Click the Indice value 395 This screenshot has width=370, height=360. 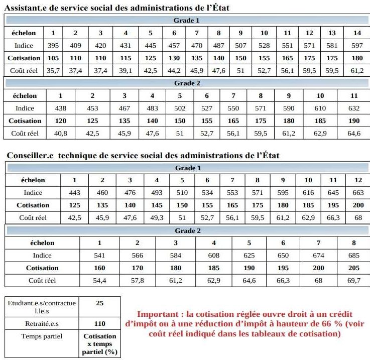click(53, 46)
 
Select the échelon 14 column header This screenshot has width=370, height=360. click(357, 33)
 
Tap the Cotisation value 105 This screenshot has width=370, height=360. click(53, 58)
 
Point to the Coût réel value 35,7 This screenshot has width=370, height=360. click(53, 71)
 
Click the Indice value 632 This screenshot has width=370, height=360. click(354, 108)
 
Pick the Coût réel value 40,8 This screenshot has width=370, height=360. click(61, 133)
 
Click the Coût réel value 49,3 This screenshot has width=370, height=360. click(157, 217)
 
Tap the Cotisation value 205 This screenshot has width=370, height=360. click(353, 268)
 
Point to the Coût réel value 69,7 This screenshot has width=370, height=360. click(353, 280)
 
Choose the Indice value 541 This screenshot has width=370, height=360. click(99, 255)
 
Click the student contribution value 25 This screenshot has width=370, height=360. click(99, 303)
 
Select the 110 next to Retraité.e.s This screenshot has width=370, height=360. click(99, 324)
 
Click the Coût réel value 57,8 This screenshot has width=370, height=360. click(137, 280)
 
